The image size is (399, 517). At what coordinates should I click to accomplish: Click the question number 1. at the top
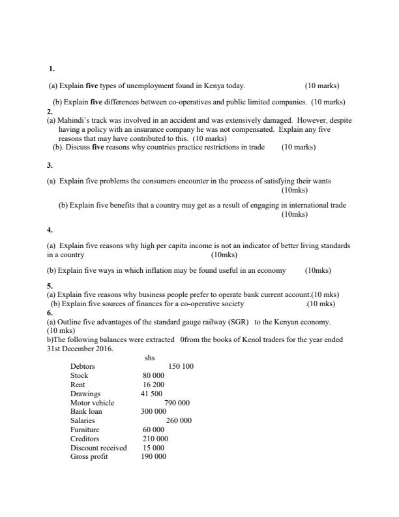click(x=52, y=69)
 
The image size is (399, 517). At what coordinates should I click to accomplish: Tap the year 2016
click(x=100, y=349)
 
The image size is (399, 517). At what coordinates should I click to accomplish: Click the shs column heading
click(x=149, y=358)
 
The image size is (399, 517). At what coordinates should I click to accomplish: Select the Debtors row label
click(x=82, y=366)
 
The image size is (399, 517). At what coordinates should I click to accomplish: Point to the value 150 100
click(x=181, y=366)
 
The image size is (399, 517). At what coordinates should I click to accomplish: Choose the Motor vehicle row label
click(x=92, y=403)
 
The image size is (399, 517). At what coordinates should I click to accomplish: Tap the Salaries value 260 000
click(x=179, y=421)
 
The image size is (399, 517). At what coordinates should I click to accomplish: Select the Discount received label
click(x=98, y=448)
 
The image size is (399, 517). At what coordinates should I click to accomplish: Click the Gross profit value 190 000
click(x=153, y=457)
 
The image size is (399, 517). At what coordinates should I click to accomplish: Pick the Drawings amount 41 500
click(x=151, y=394)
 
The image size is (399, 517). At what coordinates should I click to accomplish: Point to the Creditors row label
click(x=84, y=439)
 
